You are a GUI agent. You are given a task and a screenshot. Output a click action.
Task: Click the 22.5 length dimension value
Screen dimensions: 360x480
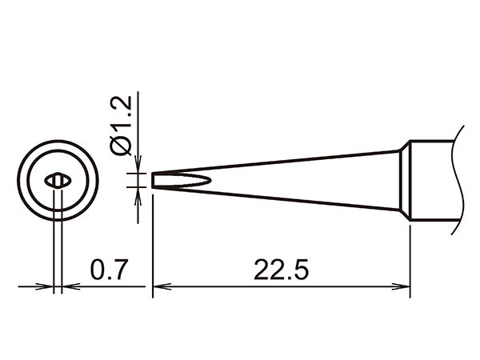(x=281, y=269)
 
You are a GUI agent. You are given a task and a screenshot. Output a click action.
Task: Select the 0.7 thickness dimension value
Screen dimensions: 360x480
(x=106, y=269)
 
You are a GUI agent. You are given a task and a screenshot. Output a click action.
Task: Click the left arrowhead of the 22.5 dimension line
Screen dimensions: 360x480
(x=158, y=286)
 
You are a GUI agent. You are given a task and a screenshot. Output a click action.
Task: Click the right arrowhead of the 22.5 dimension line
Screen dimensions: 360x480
(x=404, y=286)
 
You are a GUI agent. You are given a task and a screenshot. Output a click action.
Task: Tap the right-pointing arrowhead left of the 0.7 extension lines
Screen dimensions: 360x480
(x=46, y=286)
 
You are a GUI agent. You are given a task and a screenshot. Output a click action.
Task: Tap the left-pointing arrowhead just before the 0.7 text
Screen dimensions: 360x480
(x=67, y=286)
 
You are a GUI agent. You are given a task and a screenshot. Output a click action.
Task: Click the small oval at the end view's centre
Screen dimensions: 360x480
(x=58, y=181)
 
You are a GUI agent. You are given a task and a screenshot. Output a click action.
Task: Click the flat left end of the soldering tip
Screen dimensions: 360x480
(x=152, y=180)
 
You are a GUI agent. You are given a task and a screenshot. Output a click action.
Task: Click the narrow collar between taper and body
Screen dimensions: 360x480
(x=405, y=180)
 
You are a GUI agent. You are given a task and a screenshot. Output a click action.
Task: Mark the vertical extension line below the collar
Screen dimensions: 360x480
(x=410, y=256)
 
